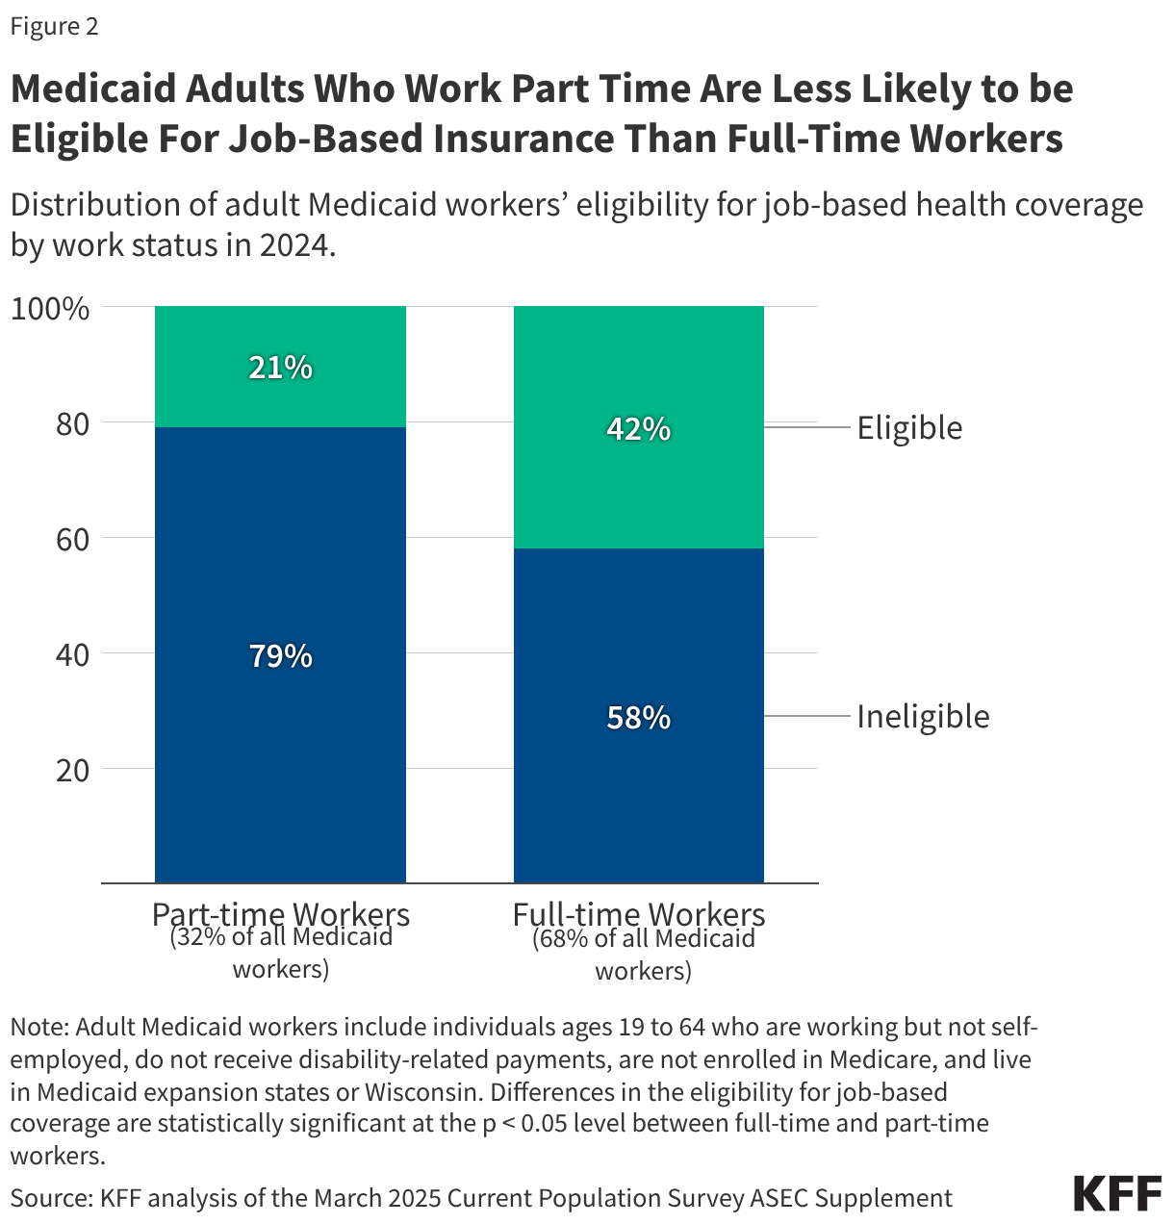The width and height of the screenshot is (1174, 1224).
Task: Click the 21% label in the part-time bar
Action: pos(280,368)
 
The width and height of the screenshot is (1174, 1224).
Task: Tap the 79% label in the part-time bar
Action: pos(280,656)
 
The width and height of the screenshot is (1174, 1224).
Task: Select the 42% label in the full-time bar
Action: pos(638,429)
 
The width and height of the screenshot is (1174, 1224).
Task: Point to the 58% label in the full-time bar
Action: pos(638,718)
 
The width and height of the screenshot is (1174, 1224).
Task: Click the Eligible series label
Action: pos(909,428)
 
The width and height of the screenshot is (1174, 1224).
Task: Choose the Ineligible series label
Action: pos(923,717)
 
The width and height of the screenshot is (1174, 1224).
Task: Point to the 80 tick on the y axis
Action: pos(72,424)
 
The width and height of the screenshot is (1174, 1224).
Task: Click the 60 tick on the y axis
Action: pos(72,540)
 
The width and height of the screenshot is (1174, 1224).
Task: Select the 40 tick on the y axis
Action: pos(72,655)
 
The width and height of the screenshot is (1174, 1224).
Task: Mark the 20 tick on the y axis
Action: pos(72,771)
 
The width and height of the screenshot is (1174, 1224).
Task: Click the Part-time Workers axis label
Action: pos(280,913)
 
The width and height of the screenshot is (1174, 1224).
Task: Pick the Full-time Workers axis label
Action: pos(639,913)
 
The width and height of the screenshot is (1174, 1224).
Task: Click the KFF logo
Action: pos(1117,1193)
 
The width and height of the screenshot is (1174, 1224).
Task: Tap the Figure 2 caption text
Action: pos(54,26)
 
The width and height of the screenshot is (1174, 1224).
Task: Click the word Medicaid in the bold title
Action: pos(92,89)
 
